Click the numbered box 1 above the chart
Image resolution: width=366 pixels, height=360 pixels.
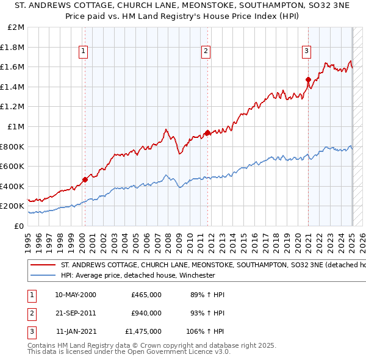tap(83, 51)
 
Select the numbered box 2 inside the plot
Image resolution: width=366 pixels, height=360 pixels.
tap(206, 51)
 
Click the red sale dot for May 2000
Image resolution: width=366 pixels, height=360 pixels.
tap(85, 179)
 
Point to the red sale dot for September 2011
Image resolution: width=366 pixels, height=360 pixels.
tap(208, 132)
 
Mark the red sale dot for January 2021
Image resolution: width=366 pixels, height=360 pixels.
tap(308, 79)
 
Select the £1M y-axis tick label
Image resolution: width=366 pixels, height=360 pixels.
tap(16, 126)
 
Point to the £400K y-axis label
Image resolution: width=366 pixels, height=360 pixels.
tap(13, 186)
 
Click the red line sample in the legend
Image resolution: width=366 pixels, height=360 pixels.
tap(42, 265)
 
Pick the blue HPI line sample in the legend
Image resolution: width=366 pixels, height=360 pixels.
tap(42, 275)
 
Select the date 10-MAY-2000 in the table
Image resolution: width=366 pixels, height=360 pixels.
tap(76, 295)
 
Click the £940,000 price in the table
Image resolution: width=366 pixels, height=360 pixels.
tap(146, 313)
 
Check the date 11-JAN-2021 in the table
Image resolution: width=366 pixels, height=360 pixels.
tap(76, 331)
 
